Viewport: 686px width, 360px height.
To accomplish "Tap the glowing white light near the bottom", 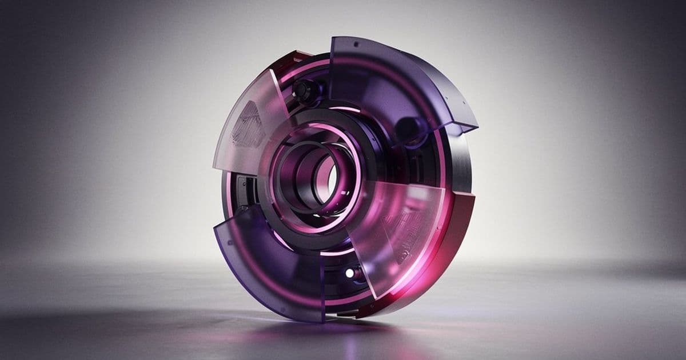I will click(349, 273).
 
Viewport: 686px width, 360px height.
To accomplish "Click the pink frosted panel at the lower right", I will click(400, 229).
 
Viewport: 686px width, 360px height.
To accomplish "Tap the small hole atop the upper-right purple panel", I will click(356, 43).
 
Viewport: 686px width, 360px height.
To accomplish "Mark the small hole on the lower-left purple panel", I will click(230, 242).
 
